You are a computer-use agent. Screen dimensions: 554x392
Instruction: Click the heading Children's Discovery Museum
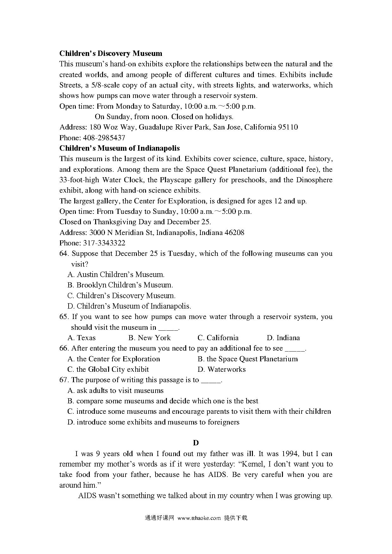[111, 53]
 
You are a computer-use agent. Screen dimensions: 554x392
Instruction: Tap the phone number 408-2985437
[104, 138]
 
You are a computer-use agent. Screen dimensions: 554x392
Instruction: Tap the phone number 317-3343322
[104, 243]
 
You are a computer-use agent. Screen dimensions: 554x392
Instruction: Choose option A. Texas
[82, 338]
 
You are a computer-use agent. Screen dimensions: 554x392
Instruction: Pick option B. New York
[149, 338]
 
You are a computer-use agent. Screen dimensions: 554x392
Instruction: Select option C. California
[218, 338]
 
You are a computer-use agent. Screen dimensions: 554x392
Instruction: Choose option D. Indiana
[283, 338]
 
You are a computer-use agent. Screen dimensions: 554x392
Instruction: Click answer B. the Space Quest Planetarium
[248, 359]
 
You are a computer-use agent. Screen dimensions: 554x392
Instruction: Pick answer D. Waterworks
[222, 369]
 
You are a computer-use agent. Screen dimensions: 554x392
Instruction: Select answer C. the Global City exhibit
[108, 369]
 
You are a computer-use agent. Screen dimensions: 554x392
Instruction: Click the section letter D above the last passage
[196, 443]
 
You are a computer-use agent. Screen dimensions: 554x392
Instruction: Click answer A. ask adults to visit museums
[115, 390]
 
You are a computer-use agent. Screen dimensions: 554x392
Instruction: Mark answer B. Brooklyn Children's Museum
[120, 285]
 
